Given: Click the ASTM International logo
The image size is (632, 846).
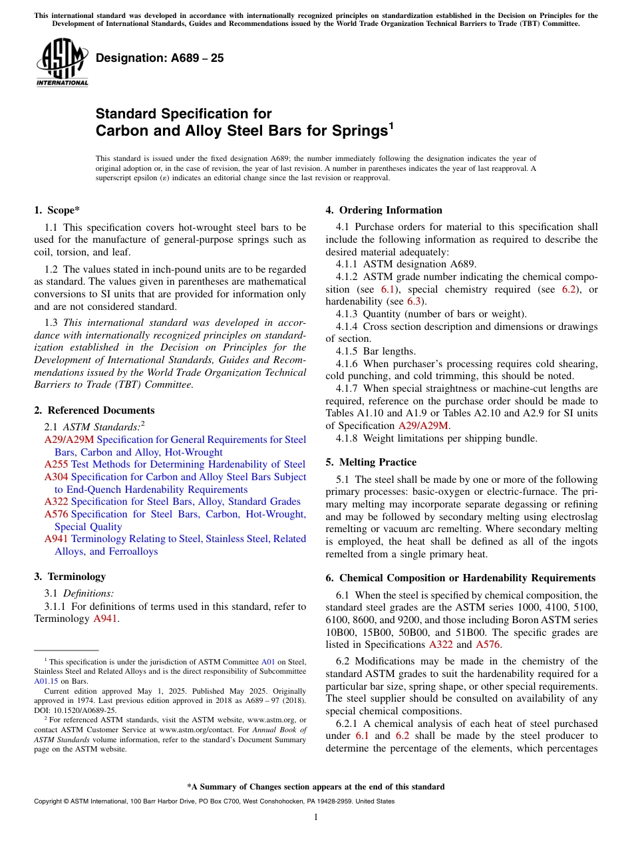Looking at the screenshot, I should pos(62,63).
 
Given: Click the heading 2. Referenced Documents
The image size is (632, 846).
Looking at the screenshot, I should pos(94,410).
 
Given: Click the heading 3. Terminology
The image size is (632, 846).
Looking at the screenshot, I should pos(70,577).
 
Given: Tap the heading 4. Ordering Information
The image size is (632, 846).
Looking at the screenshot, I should pos(384,210).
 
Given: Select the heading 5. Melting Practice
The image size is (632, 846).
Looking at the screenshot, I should pos(371,462).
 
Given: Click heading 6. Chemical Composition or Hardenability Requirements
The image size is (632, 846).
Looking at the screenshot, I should pos(460,578).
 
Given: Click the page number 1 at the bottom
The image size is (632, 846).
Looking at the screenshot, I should pos(315,817).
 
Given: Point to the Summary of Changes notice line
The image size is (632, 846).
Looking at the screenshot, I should pos(315,787).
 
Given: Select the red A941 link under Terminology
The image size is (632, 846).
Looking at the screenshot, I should pos(104,619).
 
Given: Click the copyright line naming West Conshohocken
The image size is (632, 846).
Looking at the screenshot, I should pos(214,801).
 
